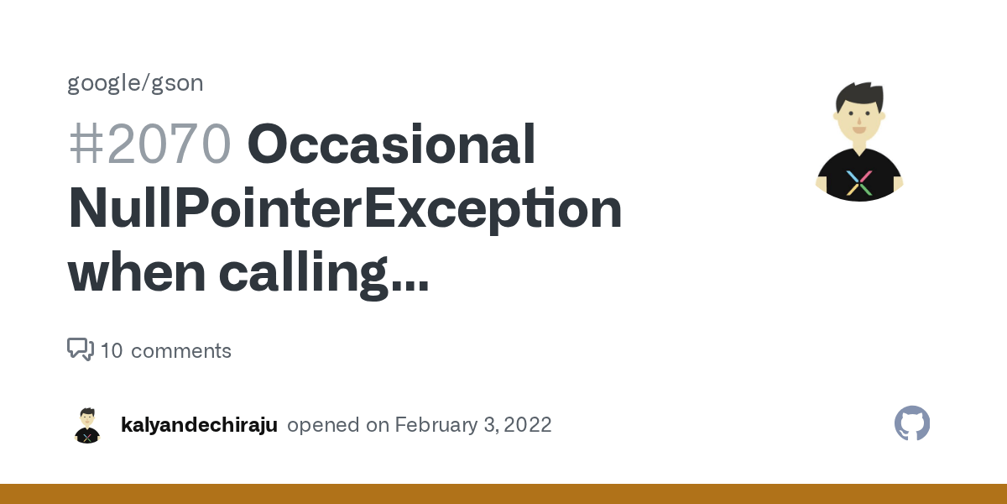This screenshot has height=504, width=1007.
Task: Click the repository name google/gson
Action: pos(135,83)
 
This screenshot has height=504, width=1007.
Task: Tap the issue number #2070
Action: pos(149,144)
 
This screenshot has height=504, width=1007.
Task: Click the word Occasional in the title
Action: pos(391,144)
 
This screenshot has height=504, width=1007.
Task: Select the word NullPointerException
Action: pos(345,209)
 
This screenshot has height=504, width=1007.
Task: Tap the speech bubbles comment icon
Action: pos(81,349)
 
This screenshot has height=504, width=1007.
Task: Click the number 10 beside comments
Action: pos(112,351)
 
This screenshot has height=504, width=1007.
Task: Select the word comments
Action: pos(181,351)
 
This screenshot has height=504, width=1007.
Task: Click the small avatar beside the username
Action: pos(87,425)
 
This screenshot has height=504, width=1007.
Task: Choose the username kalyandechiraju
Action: pos(199,425)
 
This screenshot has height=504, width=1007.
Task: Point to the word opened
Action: pos(324,425)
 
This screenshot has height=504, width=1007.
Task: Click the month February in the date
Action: pos(436,425)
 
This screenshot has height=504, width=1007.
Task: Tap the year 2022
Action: pos(527,425)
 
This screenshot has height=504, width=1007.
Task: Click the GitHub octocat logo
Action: pos(912,423)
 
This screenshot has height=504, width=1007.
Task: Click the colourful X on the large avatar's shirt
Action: pos(859,182)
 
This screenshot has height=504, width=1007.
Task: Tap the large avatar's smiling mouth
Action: pos(858,128)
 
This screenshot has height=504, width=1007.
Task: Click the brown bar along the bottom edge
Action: pos(503,494)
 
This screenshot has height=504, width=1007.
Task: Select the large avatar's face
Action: pos(858,118)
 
